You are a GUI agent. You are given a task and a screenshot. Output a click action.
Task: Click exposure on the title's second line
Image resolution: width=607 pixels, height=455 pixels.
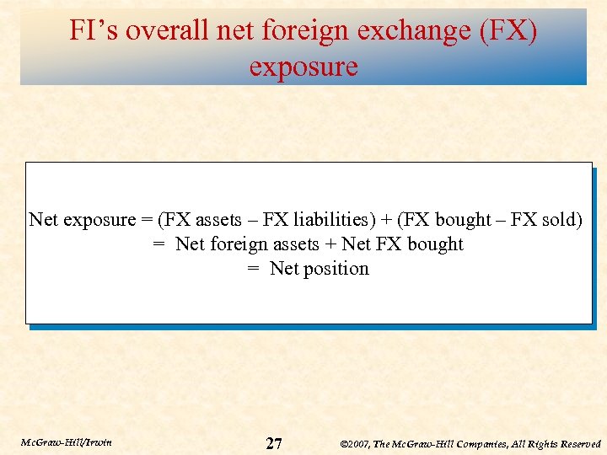303,67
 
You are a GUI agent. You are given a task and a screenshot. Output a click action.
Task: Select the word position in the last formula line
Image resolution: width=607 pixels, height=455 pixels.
336,269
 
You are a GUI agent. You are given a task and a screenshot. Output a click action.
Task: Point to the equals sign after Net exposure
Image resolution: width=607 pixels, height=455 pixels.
147,220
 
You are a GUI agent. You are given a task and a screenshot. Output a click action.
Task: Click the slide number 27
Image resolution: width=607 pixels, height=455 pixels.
274,443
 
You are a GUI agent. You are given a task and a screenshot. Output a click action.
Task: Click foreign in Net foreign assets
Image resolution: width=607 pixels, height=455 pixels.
237,244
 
